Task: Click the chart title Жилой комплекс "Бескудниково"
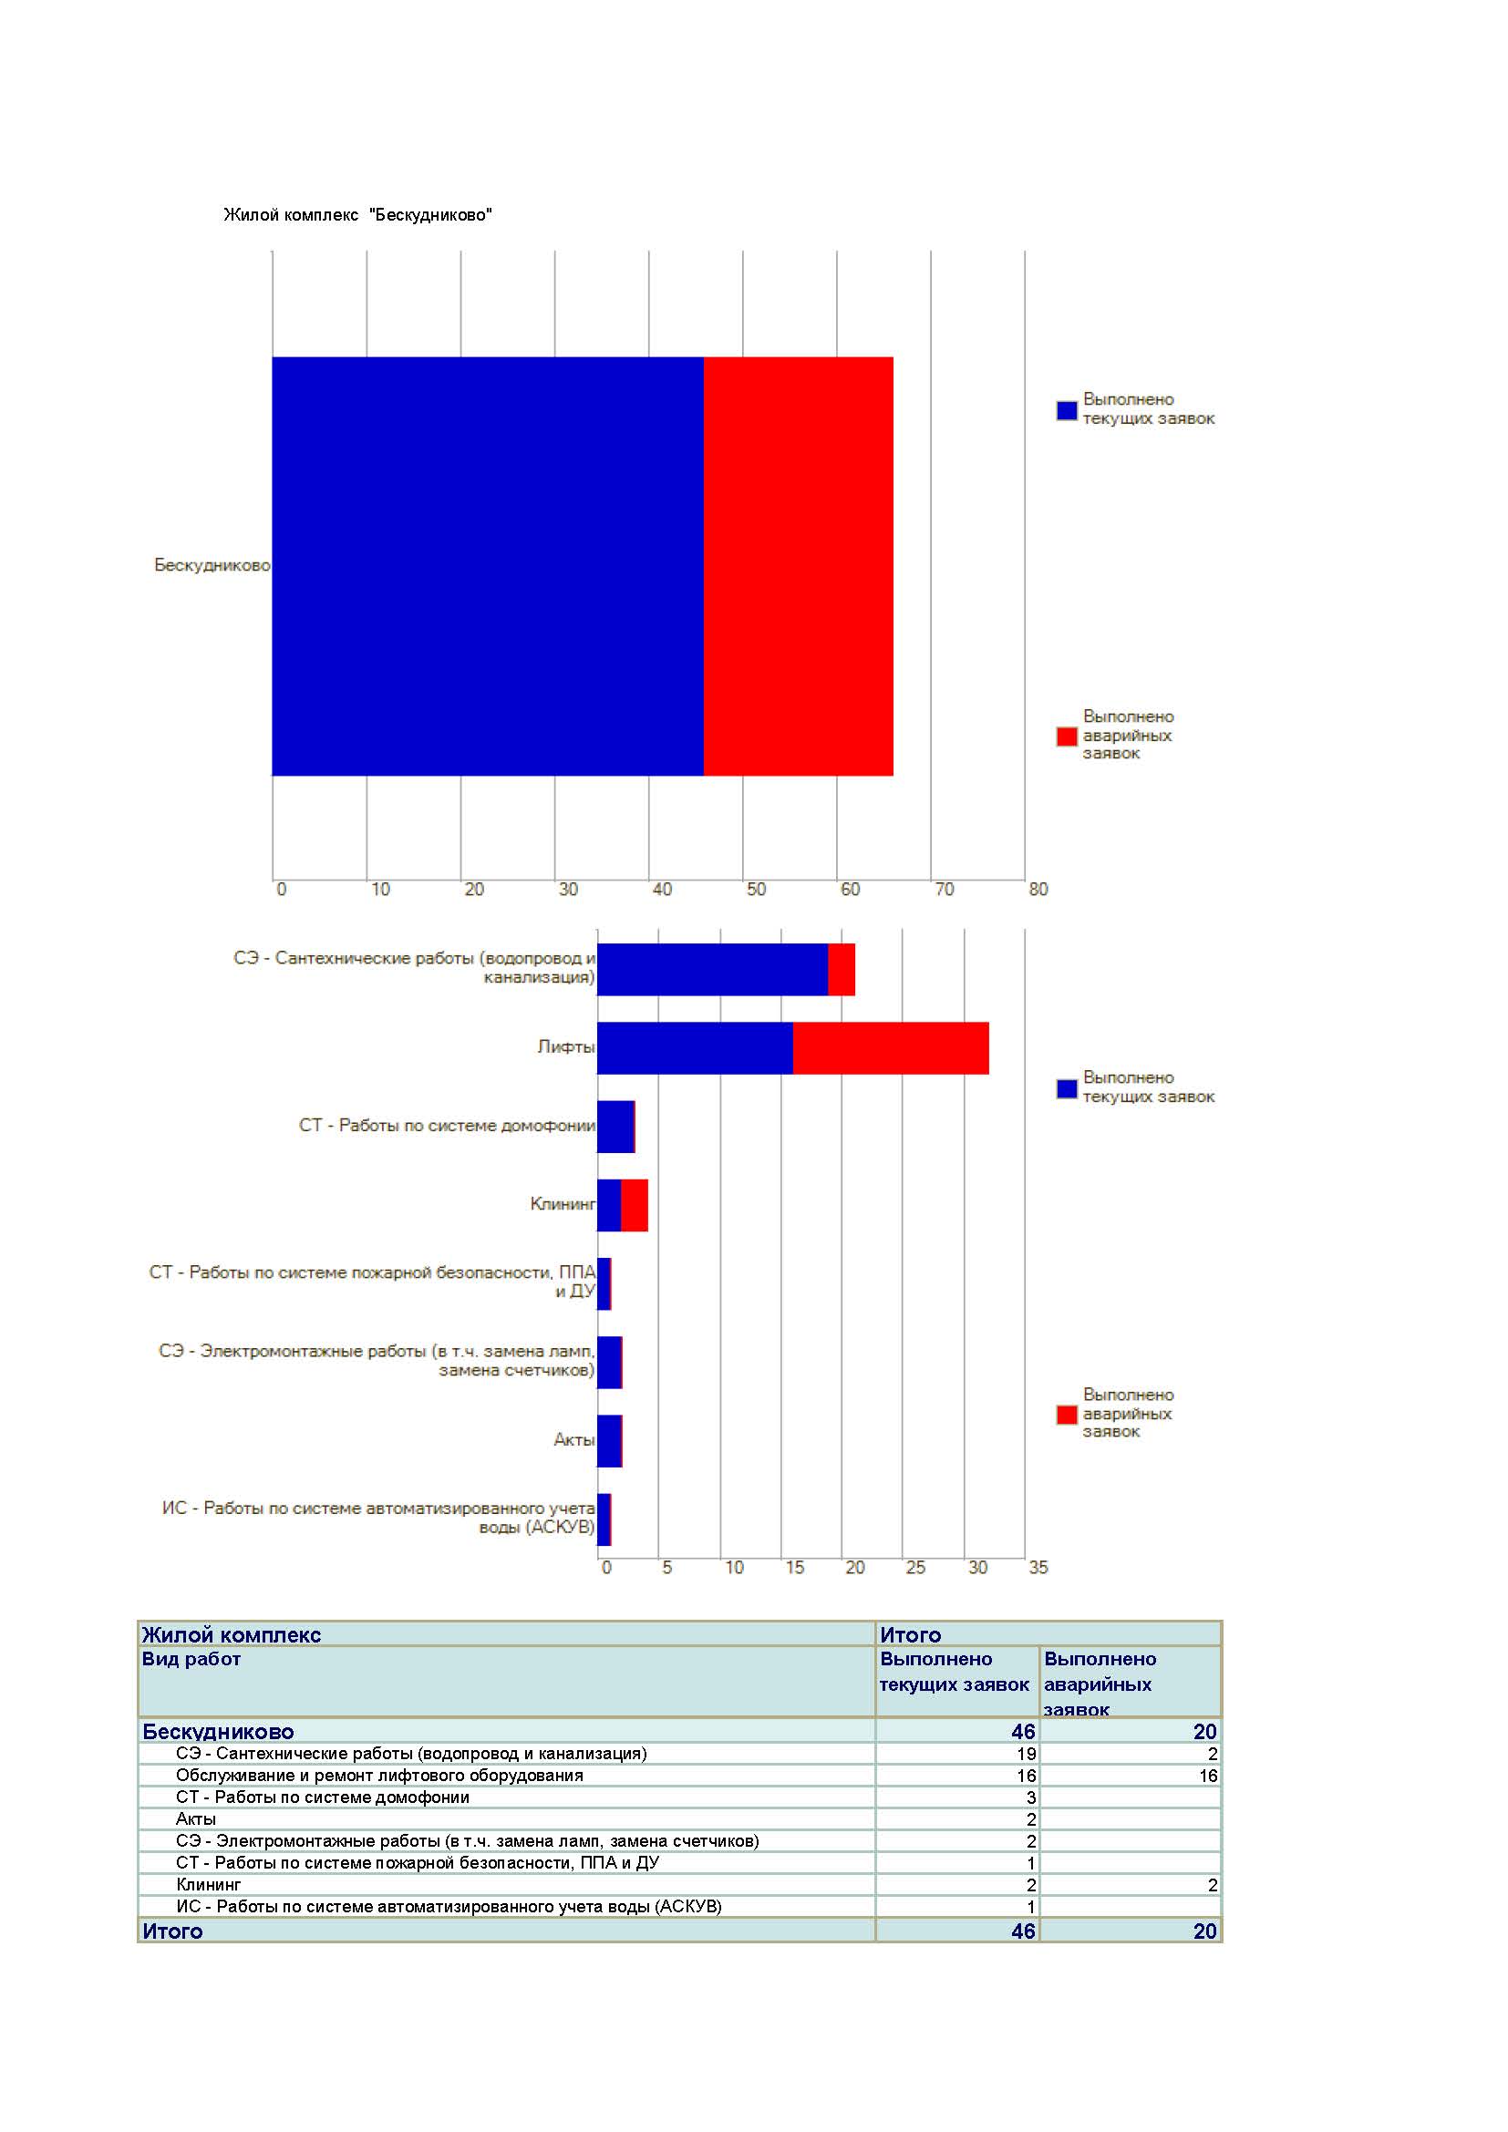point(357,214)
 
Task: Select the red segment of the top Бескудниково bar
point(799,565)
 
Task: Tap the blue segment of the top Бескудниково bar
point(488,565)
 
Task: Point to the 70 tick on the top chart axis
point(945,889)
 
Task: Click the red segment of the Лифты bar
point(892,1048)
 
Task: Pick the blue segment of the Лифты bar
point(696,1048)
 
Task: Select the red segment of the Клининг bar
point(635,1205)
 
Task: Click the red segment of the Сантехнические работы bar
point(842,970)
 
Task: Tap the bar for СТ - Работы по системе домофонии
point(615,1127)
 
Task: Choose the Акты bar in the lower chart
point(609,1440)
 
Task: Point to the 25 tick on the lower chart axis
point(915,1568)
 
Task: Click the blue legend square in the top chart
point(1067,410)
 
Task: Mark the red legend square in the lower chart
point(1067,1415)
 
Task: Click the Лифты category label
point(565,1046)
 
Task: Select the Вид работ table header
point(191,1658)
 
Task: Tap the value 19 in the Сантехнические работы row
point(1026,1753)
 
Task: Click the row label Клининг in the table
point(208,1884)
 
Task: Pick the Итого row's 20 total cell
point(1205,1931)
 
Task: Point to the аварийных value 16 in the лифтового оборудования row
point(1208,1776)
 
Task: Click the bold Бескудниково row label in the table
point(218,1732)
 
